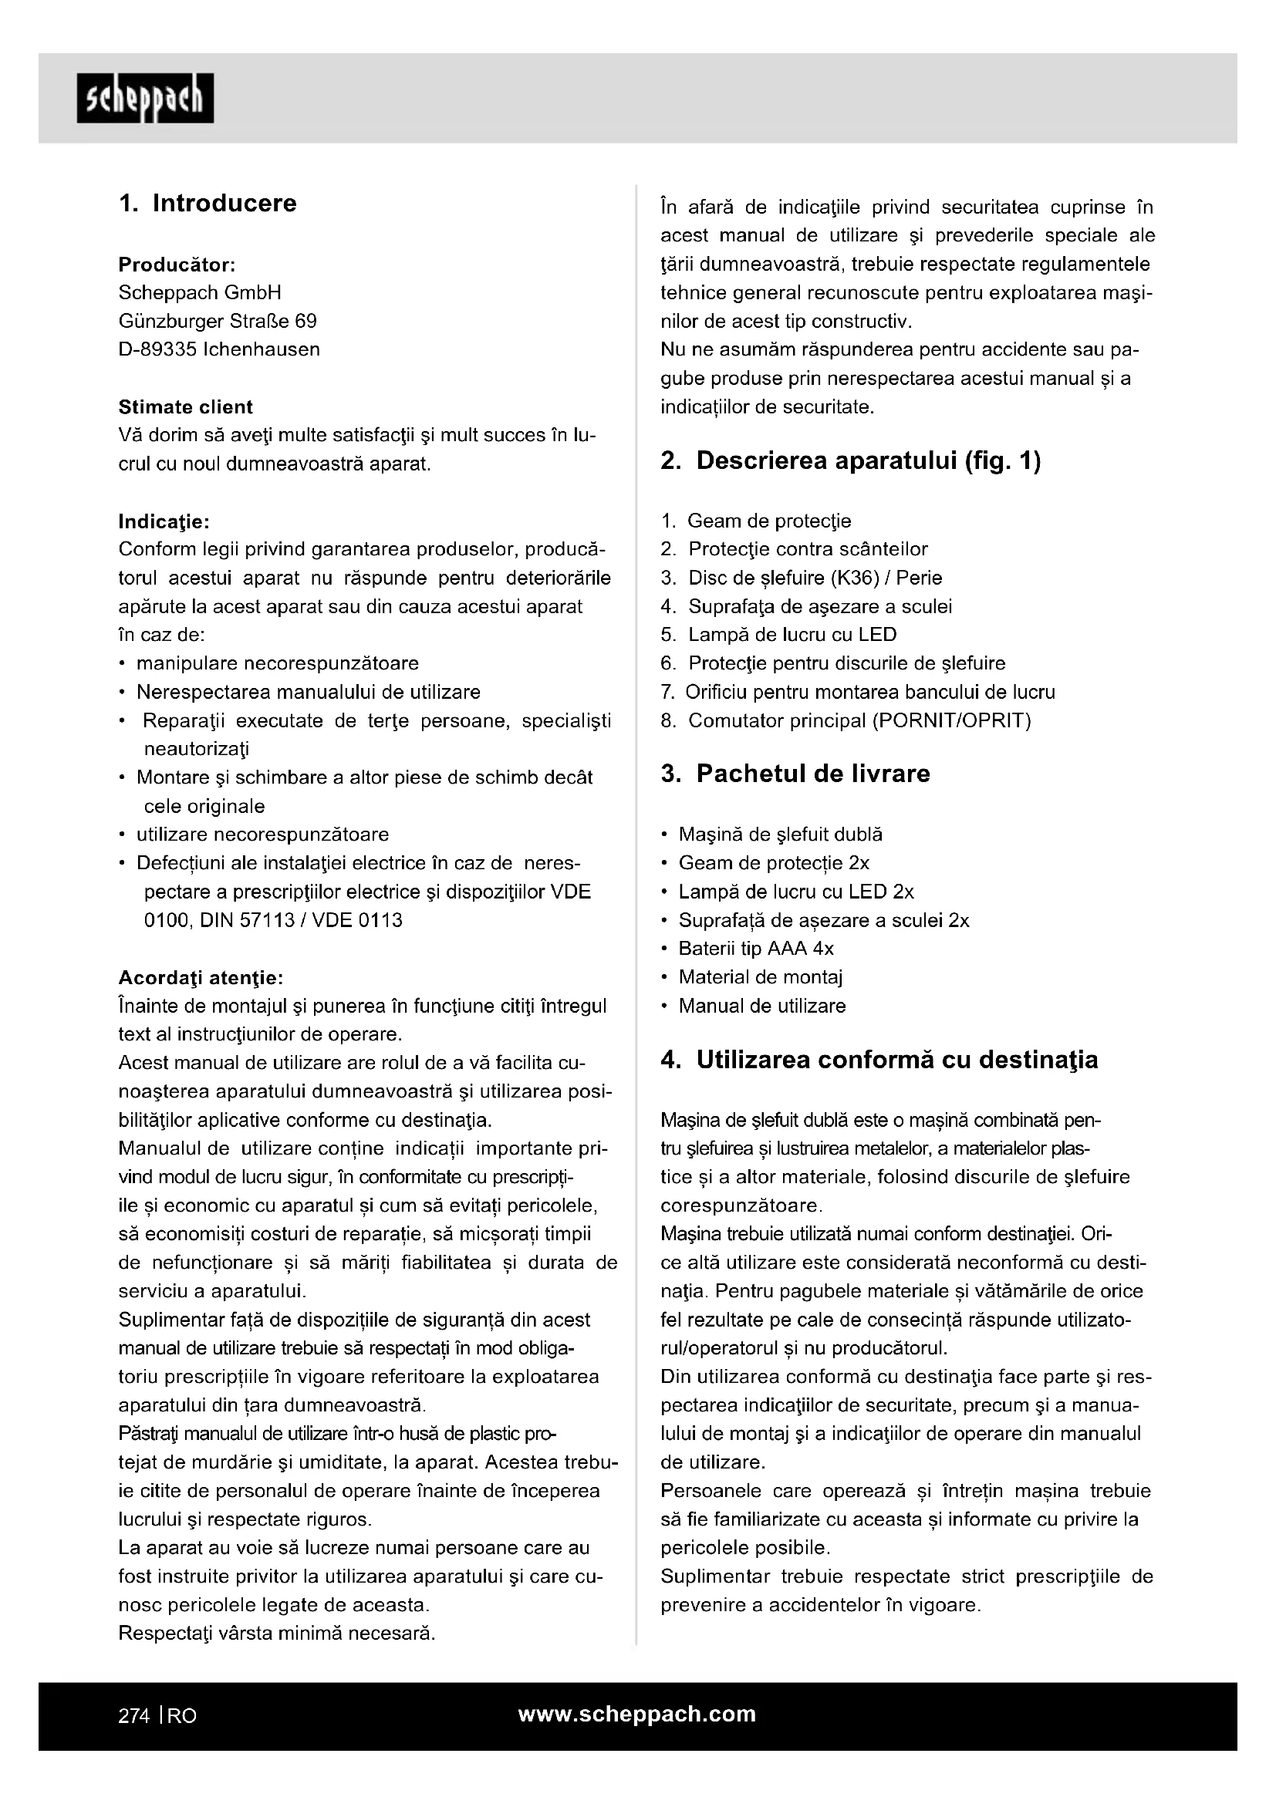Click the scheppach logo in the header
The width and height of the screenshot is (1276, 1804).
pos(145,98)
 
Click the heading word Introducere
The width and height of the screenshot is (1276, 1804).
pos(224,204)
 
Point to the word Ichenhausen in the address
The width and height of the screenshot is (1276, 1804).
pos(262,349)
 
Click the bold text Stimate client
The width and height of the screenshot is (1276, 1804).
pos(185,407)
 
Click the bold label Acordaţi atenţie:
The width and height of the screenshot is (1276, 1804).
pos(201,978)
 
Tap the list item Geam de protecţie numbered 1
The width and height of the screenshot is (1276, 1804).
pos(768,521)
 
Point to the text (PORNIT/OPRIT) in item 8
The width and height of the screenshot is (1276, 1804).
pos(951,720)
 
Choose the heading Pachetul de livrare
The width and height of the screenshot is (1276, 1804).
pos(812,774)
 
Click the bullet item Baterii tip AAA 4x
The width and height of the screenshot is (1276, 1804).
pos(756,949)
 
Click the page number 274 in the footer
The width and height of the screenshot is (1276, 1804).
pos(133,1716)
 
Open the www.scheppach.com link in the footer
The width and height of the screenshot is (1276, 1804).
pos(636,1715)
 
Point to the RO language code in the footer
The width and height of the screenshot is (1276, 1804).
pos(181,1716)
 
